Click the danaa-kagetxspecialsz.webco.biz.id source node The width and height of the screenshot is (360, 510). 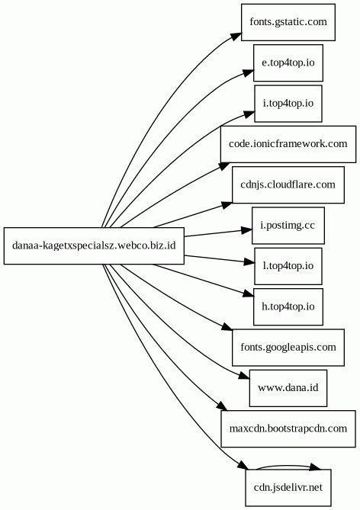[x=94, y=245]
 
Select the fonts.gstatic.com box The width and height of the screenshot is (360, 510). [x=288, y=22]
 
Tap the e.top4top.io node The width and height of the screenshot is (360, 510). [x=288, y=63]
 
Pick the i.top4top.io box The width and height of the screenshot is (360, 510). [x=288, y=104]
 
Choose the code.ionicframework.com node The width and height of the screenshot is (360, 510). [x=288, y=144]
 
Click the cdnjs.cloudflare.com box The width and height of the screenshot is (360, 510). [x=288, y=184]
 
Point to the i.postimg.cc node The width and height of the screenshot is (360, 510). [x=288, y=226]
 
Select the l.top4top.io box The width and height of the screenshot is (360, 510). [x=288, y=266]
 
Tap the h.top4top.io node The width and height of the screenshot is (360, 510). [x=288, y=306]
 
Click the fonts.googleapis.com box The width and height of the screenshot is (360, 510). [x=288, y=348]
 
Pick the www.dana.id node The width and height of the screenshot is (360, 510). [x=288, y=388]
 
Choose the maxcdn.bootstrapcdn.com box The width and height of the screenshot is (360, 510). [x=288, y=428]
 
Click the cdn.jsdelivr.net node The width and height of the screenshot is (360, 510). [x=288, y=488]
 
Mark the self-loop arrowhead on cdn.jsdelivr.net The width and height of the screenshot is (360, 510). [x=314, y=467]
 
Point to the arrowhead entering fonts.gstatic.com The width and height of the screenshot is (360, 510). [x=236, y=36]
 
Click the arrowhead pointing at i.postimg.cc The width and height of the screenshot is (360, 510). [x=246, y=230]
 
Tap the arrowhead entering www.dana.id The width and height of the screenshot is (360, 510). [x=244, y=376]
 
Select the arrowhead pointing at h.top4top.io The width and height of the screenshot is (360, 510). [x=248, y=293]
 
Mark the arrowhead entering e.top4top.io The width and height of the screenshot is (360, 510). [x=249, y=73]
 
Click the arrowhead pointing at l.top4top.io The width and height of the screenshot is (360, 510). [x=249, y=262]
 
